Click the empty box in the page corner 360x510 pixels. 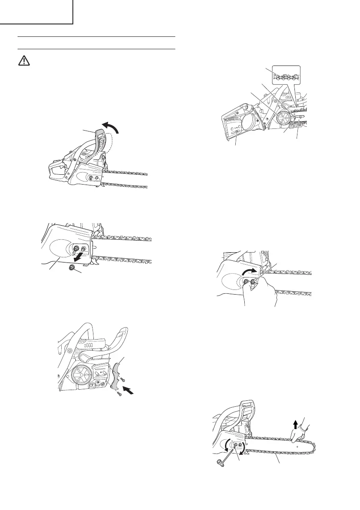coord(36,12)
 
